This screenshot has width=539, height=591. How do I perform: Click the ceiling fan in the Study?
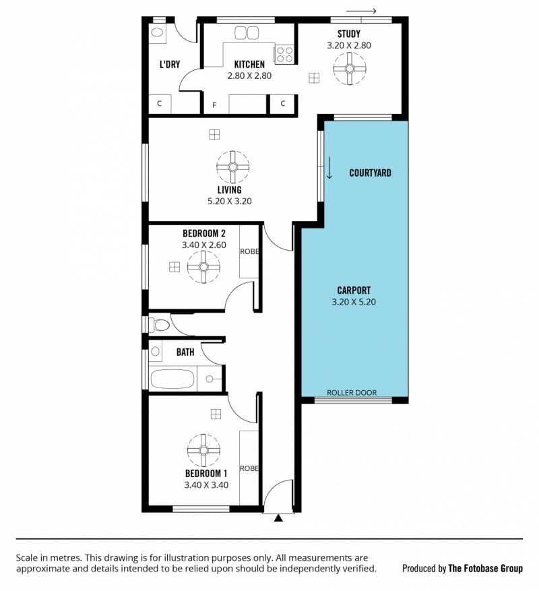(x=350, y=69)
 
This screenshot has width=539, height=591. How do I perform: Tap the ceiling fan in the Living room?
(x=232, y=166)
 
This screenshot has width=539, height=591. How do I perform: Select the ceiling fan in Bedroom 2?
(x=203, y=267)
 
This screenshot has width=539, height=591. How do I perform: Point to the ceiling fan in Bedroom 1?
(x=203, y=450)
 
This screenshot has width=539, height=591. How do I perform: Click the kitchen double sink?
(x=247, y=33)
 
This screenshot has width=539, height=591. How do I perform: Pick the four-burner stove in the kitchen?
(x=284, y=54)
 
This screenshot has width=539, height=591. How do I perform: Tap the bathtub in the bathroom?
(x=172, y=379)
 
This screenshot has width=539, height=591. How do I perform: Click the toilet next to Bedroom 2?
(x=159, y=325)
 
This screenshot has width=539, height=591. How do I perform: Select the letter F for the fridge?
(x=214, y=105)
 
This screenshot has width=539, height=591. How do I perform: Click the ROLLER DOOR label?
(x=352, y=393)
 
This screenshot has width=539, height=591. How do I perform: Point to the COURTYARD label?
(x=370, y=173)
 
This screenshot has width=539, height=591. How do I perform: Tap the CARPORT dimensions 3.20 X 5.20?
(x=354, y=302)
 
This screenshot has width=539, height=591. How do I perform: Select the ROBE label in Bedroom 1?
(x=249, y=468)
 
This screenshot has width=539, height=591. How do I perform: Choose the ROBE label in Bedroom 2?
(x=249, y=251)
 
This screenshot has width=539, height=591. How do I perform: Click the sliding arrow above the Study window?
(x=361, y=11)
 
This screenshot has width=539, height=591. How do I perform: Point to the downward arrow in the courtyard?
(x=329, y=168)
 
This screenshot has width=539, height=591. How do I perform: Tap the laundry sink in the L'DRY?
(x=157, y=32)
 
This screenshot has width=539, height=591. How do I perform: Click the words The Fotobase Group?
(x=486, y=568)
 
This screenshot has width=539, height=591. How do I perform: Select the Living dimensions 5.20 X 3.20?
(x=230, y=201)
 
